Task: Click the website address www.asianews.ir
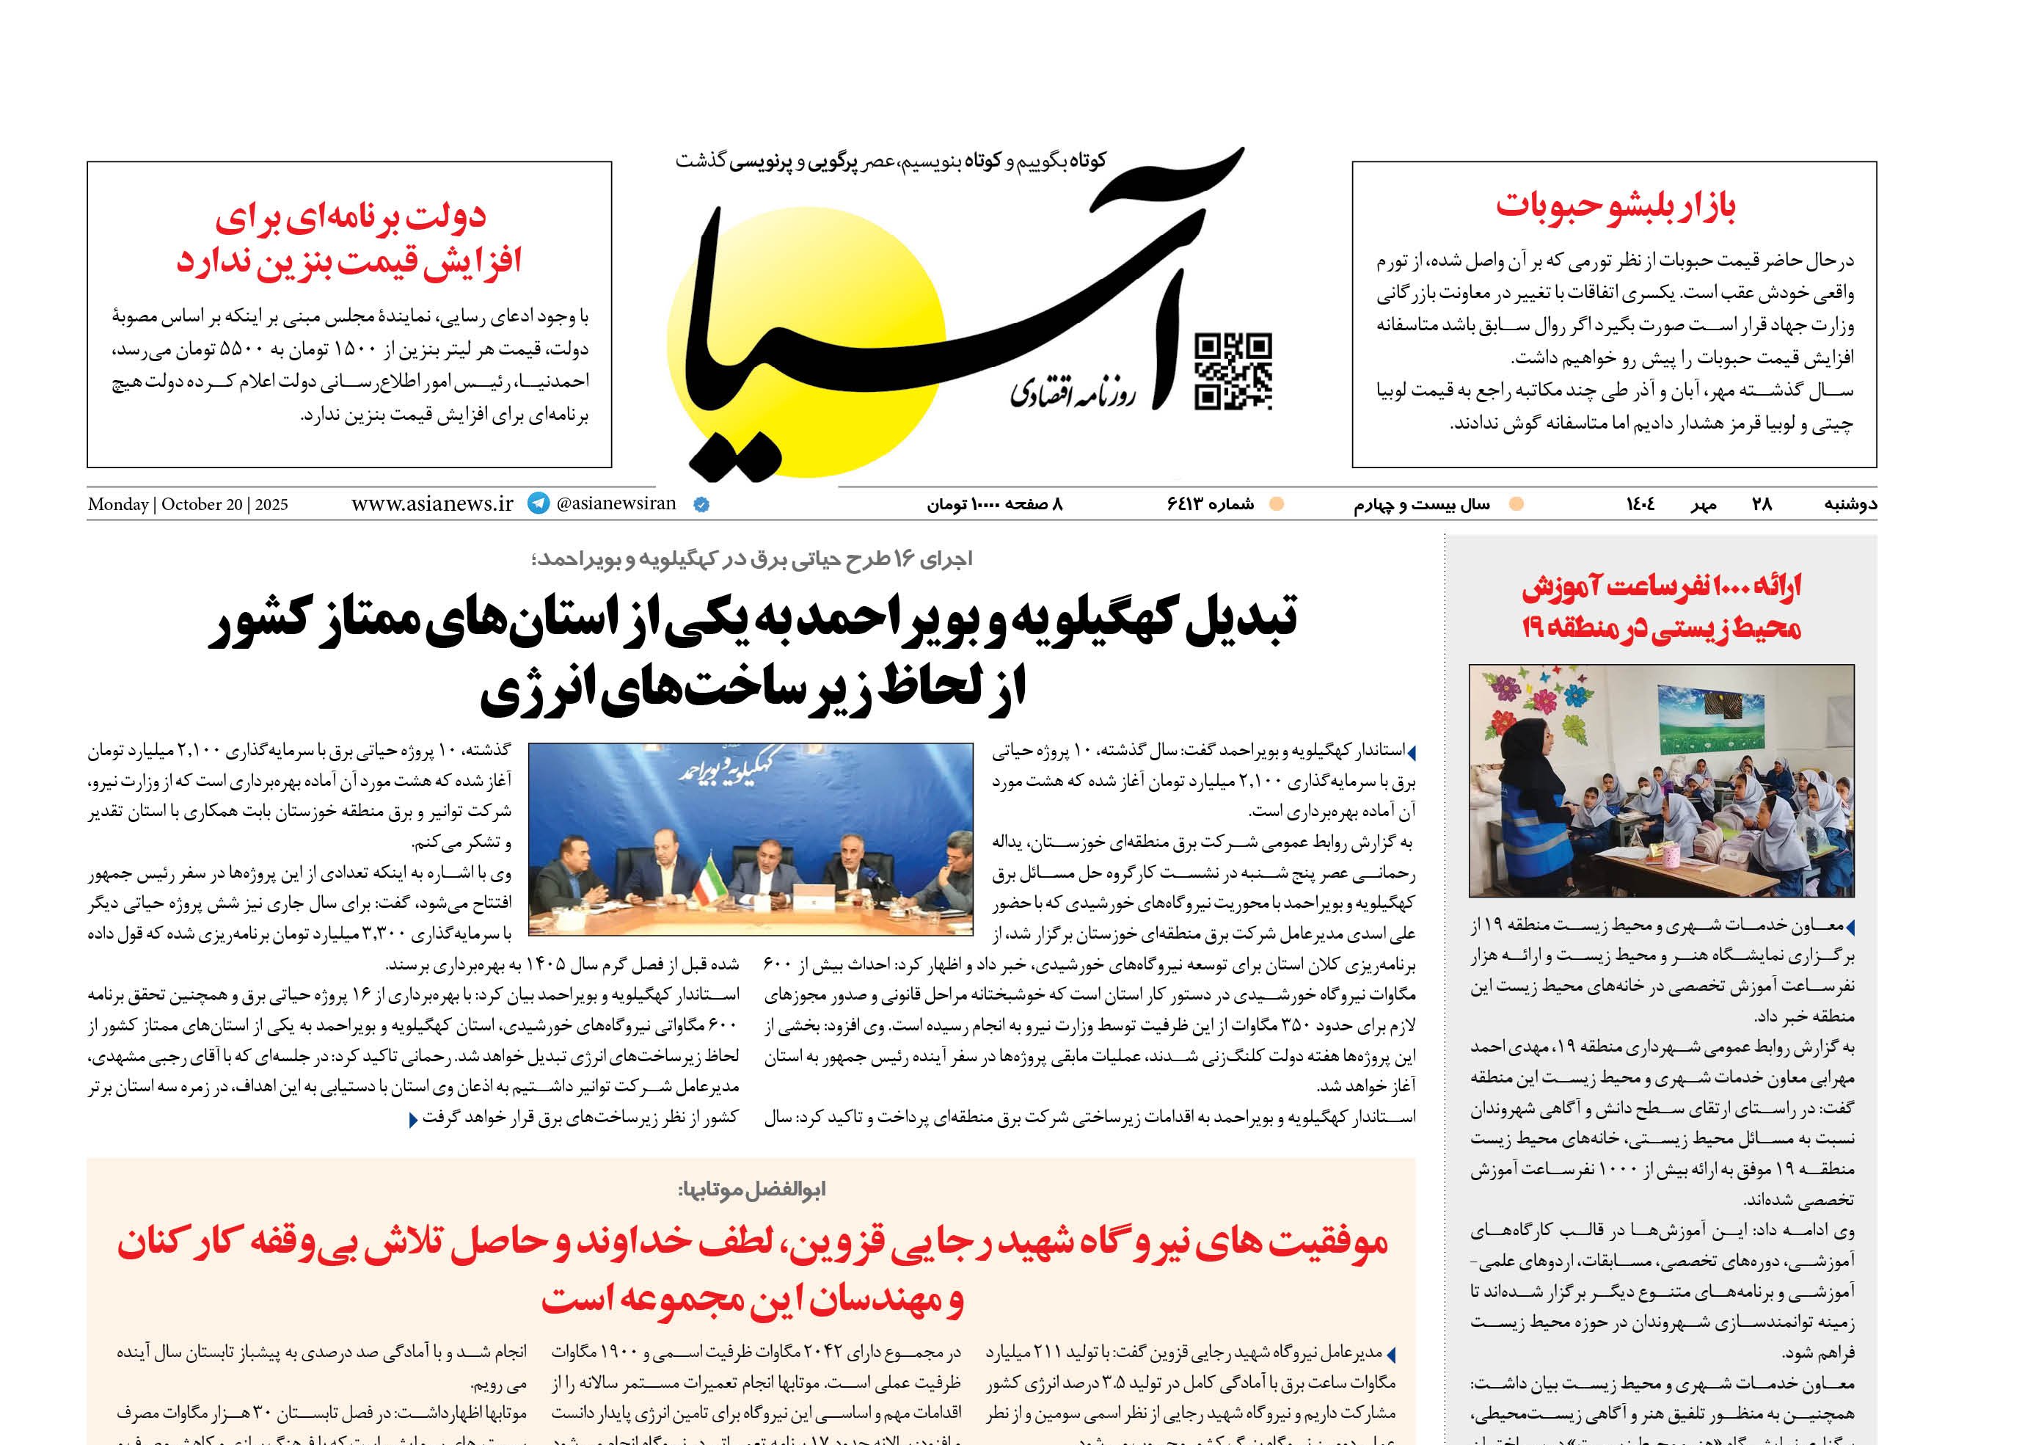432,503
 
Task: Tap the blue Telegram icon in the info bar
539,503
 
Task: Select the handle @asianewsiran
616,503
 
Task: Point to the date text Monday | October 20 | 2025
188,504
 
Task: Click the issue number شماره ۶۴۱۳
1210,504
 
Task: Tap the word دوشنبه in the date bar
1850,504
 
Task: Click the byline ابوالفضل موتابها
752,1190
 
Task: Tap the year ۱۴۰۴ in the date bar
1640,504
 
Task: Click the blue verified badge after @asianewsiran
701,504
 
